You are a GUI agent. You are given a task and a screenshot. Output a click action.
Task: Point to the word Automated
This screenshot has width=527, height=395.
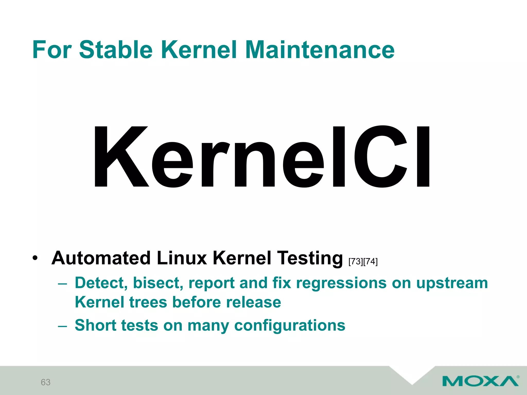tap(101, 258)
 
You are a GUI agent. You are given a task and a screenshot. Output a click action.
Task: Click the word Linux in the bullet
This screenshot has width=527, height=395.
tap(182, 258)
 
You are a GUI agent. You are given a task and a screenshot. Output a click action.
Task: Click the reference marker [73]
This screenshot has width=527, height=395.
tap(356, 262)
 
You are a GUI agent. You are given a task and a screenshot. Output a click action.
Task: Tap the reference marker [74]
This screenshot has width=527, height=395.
tap(370, 262)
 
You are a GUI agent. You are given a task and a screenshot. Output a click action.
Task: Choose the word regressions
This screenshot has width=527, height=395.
tap(341, 283)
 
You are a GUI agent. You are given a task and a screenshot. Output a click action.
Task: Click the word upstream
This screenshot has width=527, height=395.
tap(452, 283)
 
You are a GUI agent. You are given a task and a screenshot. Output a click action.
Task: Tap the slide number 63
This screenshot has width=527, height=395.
tap(46, 382)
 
